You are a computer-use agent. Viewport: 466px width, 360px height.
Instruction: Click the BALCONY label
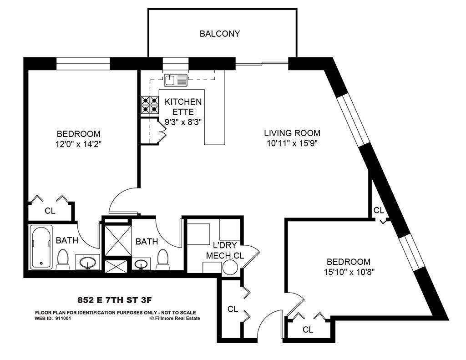click(x=220, y=34)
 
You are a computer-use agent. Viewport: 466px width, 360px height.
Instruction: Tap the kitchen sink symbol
click(x=176, y=80)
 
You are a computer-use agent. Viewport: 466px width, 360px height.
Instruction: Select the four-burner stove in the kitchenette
click(x=149, y=105)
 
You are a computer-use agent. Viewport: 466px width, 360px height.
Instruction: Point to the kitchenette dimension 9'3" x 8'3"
click(x=183, y=122)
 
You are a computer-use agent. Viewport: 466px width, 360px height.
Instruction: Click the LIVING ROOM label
click(x=292, y=133)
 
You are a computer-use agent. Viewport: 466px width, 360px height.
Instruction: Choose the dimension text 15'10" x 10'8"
click(x=348, y=272)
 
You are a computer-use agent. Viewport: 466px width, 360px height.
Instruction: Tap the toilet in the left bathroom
click(x=63, y=259)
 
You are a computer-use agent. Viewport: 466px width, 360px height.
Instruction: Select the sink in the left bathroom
click(x=87, y=262)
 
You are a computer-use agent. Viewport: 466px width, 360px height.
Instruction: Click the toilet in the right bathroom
click(x=162, y=259)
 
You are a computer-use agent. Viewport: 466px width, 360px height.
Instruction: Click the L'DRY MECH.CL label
click(x=224, y=250)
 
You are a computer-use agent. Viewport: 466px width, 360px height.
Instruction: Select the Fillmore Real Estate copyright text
click(x=175, y=319)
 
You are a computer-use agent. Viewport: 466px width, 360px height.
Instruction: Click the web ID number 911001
click(x=63, y=319)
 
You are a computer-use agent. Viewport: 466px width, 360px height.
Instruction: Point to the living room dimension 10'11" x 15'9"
click(x=292, y=144)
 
